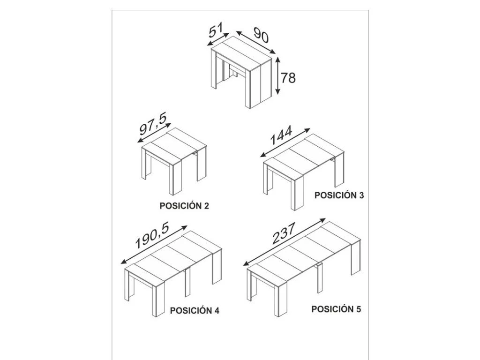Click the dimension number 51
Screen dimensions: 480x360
216,30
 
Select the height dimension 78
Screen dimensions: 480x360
288,78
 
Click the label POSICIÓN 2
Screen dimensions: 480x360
184,206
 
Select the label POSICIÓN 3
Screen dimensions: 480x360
339,195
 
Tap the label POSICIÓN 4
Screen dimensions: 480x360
195,310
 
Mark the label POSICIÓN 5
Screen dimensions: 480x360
336,309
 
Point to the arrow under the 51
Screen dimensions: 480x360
218,39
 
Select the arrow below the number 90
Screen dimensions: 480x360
256,42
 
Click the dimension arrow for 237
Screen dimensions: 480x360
285,242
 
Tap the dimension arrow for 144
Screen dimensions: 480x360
285,142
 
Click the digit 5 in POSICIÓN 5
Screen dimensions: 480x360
359,309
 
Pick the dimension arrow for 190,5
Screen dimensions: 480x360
154,245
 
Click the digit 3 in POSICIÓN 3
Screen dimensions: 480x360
361,195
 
